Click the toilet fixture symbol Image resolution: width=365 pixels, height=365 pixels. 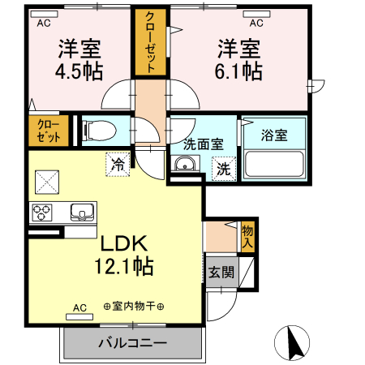pyautogui.click(x=100, y=131)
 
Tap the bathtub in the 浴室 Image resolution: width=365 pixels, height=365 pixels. pyautogui.click(x=274, y=164)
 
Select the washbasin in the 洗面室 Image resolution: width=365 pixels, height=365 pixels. pyautogui.click(x=185, y=164)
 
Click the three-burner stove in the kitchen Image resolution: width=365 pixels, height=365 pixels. pyautogui.click(x=42, y=213)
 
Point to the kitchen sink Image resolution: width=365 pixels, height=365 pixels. pyautogui.click(x=83, y=212)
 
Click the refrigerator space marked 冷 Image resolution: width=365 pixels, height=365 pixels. pyautogui.click(x=118, y=165)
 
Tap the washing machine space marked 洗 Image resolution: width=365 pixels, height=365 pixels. pyautogui.click(x=224, y=170)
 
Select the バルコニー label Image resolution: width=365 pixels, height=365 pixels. pyautogui.click(x=132, y=343)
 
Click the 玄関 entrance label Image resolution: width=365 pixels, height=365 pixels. pyautogui.click(x=221, y=272)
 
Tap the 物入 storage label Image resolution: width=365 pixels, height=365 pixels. pyautogui.click(x=247, y=237)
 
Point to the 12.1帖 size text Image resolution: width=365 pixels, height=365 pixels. pyautogui.click(x=124, y=266)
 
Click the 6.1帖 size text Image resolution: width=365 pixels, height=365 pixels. pyautogui.click(x=238, y=71)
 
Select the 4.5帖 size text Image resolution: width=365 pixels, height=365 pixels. pyautogui.click(x=79, y=71)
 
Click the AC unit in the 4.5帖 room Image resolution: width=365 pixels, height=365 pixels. pyautogui.click(x=44, y=14)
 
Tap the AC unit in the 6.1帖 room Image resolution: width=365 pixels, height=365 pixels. pyautogui.click(x=256, y=14)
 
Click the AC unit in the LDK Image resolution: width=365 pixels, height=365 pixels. pyautogui.click(x=79, y=316)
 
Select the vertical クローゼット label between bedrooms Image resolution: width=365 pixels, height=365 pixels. pyautogui.click(x=150, y=42)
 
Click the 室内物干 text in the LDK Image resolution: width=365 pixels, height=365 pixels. pyautogui.click(x=134, y=307)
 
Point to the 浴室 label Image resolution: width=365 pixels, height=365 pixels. pyautogui.click(x=274, y=135)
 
